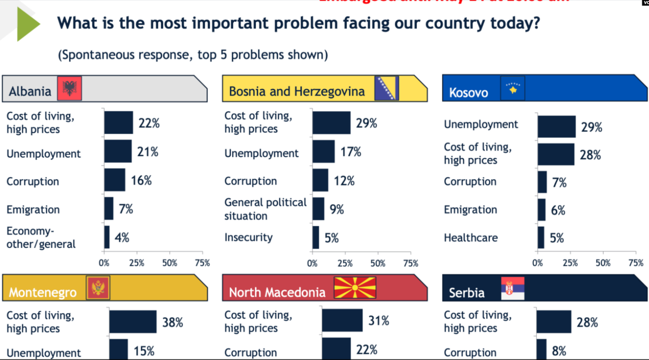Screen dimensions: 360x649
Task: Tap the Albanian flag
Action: pyautogui.click(x=70, y=89)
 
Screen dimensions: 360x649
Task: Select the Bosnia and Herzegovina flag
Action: pyautogui.click(x=386, y=88)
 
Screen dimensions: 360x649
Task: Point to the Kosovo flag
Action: pyautogui.click(x=513, y=89)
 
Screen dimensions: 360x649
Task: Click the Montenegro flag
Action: pyautogui.click(x=98, y=288)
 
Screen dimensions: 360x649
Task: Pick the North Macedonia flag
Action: pyautogui.click(x=355, y=288)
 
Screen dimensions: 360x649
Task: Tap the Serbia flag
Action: pyautogui.click(x=513, y=288)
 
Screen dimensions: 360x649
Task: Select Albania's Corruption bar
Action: pyautogui.click(x=115, y=180)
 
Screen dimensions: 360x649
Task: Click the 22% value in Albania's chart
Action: pyautogui.click(x=149, y=123)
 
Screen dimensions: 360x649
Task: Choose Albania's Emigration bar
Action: pyautogui.click(x=109, y=208)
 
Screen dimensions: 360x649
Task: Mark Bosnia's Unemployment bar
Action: pyautogui.click(x=324, y=152)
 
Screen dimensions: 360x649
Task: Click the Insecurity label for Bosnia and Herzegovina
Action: pyautogui.click(x=248, y=238)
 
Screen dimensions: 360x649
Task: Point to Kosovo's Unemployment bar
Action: pyautogui.click(x=556, y=127)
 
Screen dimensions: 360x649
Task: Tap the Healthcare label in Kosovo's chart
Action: pyautogui.click(x=471, y=238)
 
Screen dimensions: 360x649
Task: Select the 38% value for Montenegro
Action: pyautogui.click(x=172, y=322)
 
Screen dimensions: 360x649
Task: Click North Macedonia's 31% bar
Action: pyautogui.click(x=342, y=321)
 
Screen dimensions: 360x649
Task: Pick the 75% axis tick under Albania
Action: pyautogui.click(x=202, y=263)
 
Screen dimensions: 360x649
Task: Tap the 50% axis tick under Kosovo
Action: pyautogui.click(x=603, y=263)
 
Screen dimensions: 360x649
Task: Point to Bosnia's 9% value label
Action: pyautogui.click(x=337, y=209)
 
